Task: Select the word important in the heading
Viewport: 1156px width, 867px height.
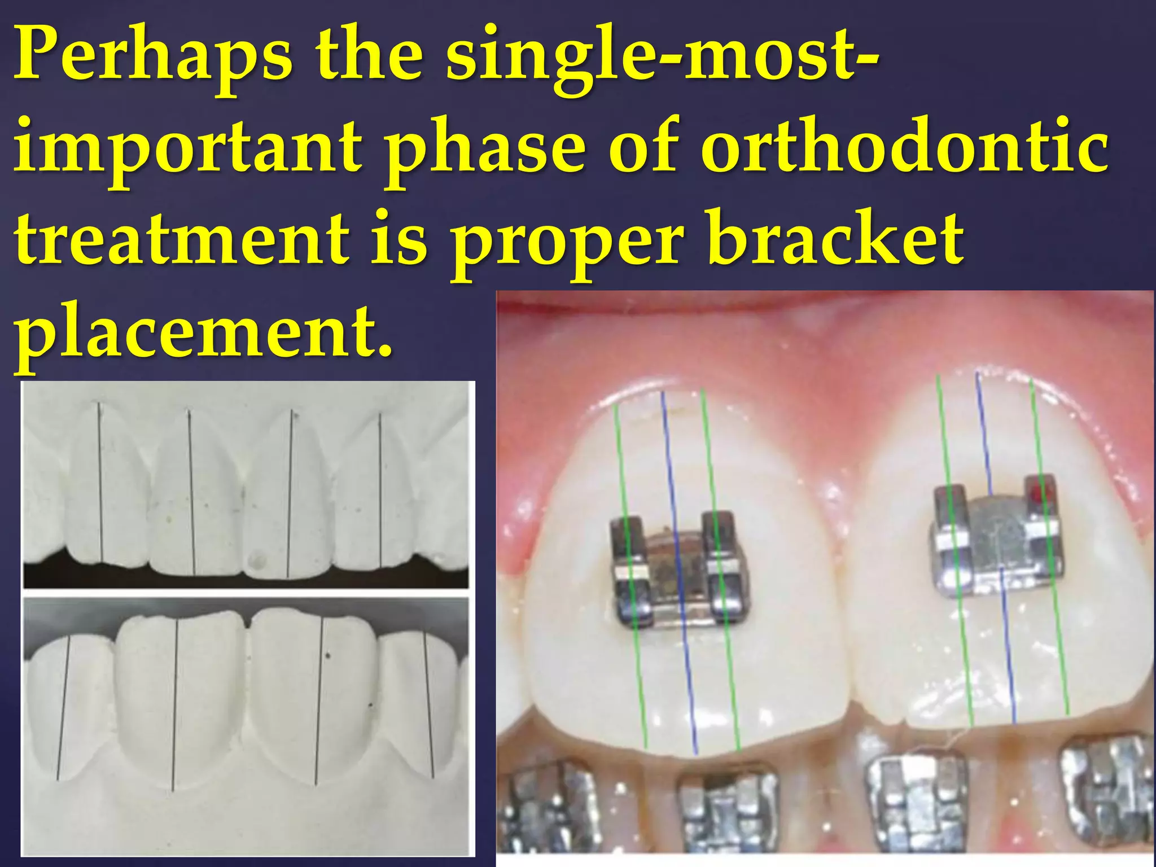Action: click(x=186, y=151)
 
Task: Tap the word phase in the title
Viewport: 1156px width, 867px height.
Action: click(x=485, y=151)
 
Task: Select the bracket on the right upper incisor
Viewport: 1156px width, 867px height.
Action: click(x=996, y=536)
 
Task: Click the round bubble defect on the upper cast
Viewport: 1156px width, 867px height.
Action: click(x=258, y=560)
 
